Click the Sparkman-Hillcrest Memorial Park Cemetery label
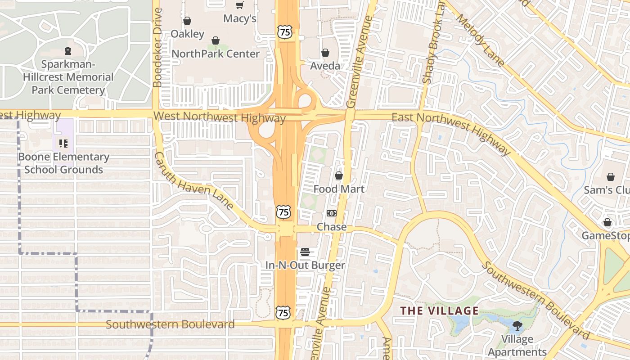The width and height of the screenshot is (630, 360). coord(68,77)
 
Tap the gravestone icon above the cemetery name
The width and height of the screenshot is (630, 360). coord(68,50)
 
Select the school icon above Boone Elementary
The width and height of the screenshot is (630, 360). coord(63,144)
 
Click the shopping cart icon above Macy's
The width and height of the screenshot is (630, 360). coord(240,5)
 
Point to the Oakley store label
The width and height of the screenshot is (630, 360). coord(187,34)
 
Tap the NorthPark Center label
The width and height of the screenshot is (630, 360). coord(216,54)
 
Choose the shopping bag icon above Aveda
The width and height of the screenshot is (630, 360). coord(325,53)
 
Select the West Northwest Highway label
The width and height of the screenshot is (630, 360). coord(220,117)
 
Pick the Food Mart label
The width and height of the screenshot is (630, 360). coord(339,189)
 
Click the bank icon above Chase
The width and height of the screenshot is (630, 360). coord(332,213)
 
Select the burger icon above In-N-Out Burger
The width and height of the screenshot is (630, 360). coord(305,252)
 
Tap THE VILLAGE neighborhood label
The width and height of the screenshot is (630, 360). coord(440,310)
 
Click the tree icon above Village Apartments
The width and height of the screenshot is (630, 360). coord(517,325)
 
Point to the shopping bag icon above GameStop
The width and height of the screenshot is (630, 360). coord(607,222)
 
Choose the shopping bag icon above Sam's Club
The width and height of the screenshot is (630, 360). coord(611,177)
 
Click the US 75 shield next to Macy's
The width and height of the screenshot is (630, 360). coord(285,32)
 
